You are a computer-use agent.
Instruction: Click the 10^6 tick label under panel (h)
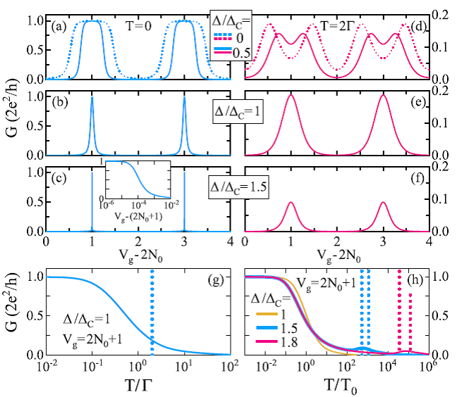point(427,367)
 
